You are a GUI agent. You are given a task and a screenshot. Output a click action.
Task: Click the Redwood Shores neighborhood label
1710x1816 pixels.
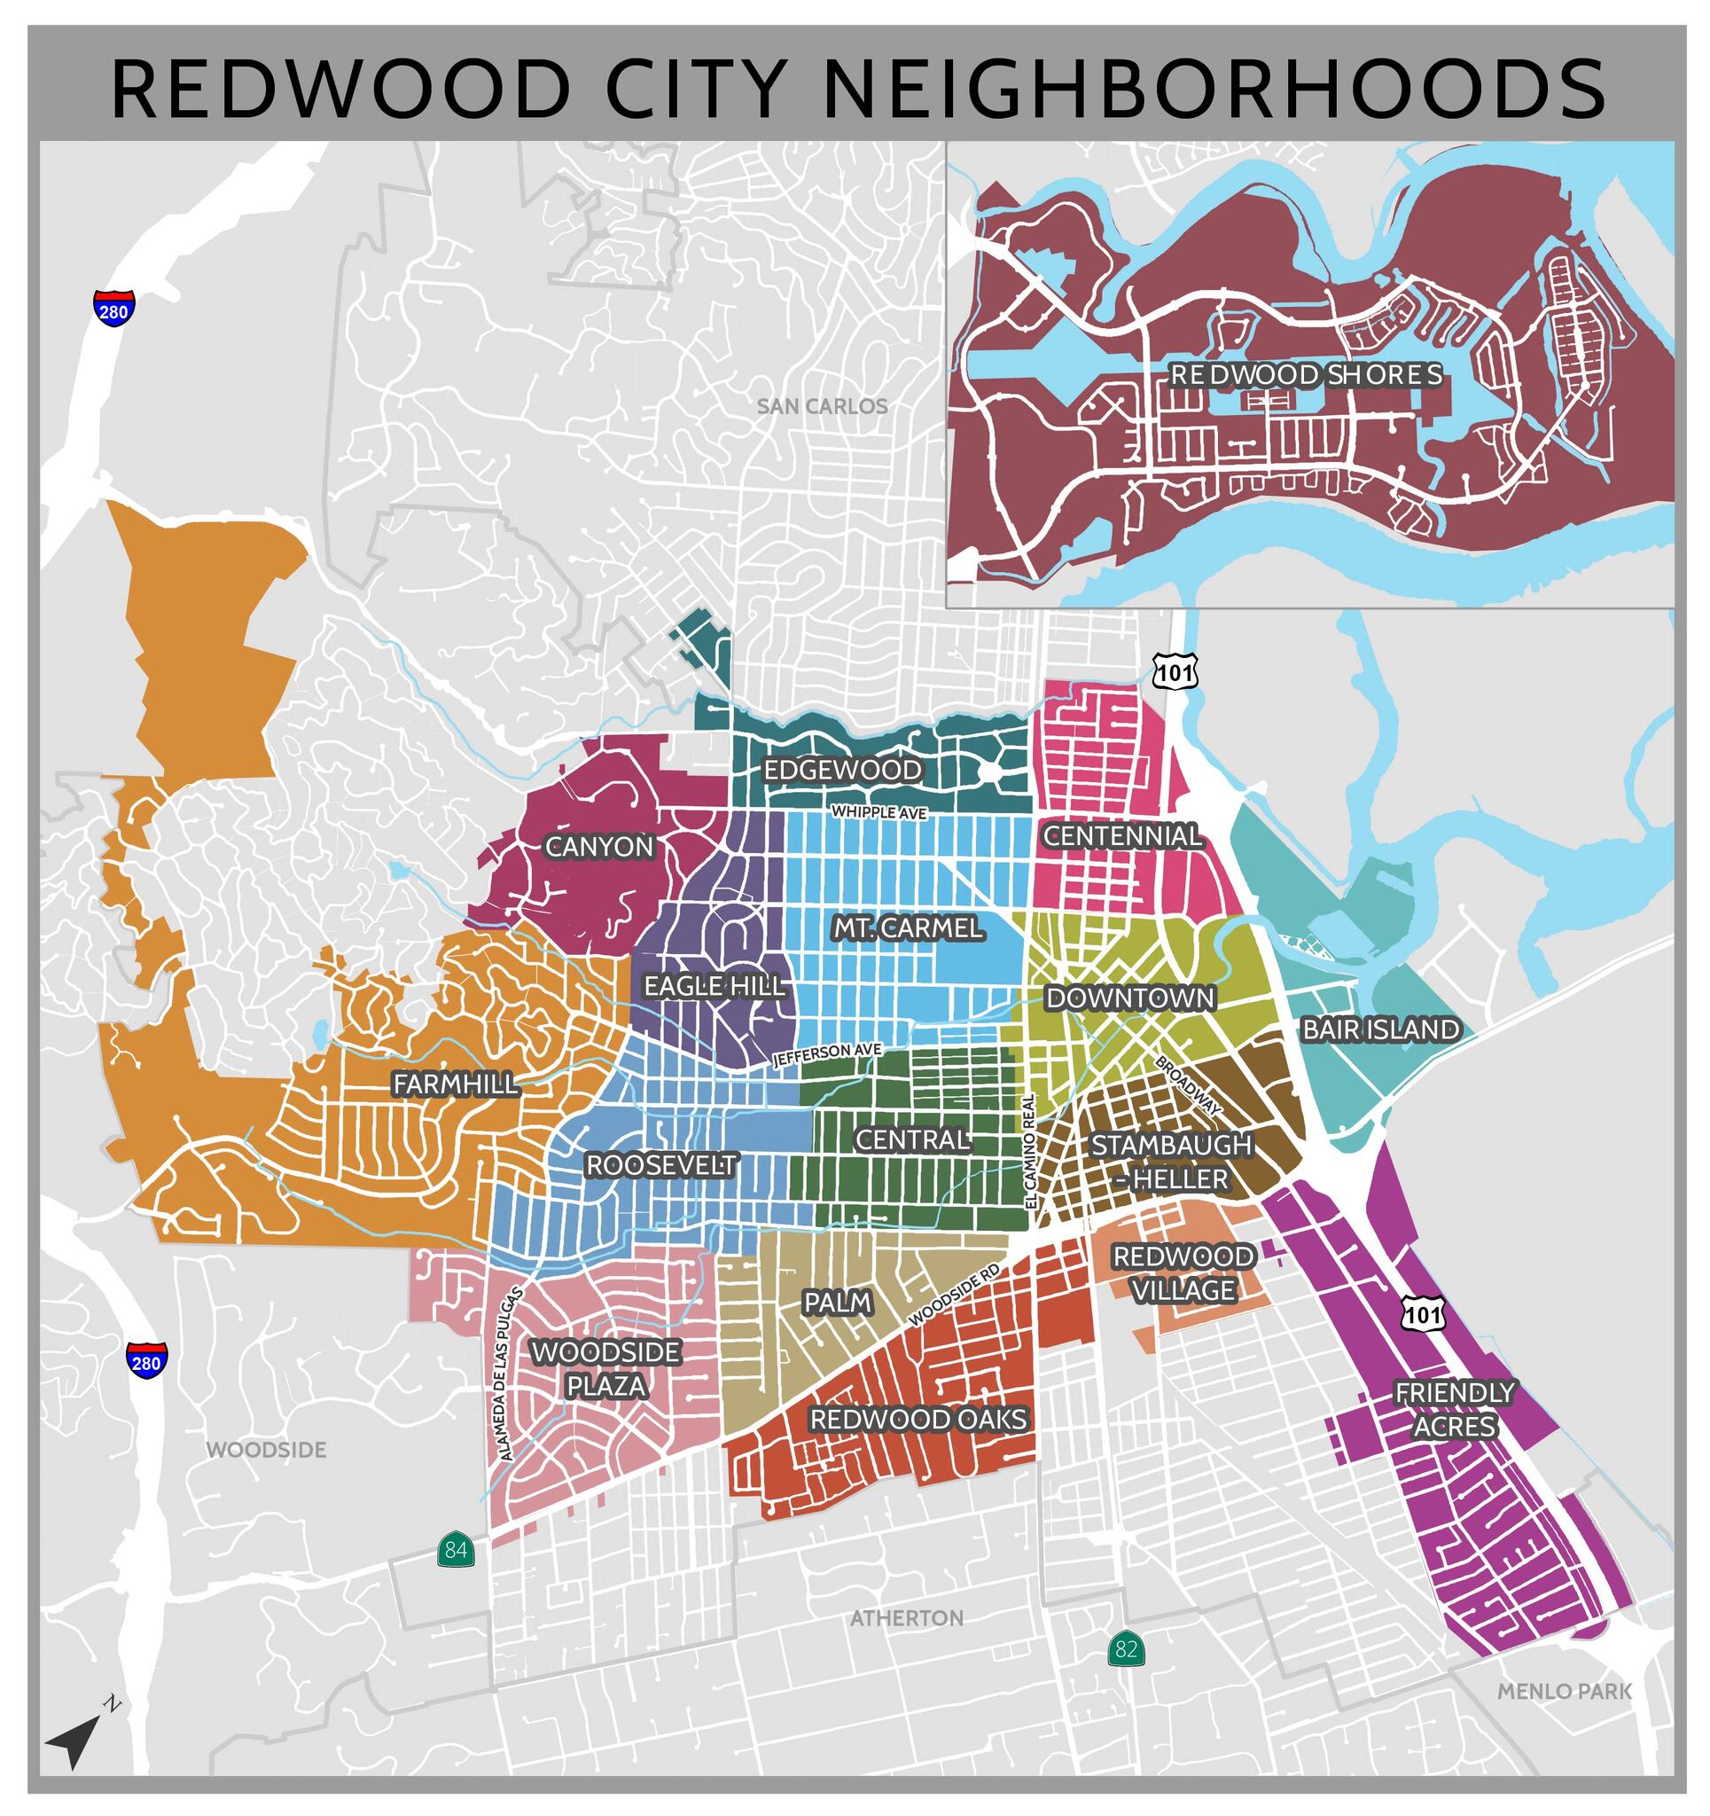(1307, 374)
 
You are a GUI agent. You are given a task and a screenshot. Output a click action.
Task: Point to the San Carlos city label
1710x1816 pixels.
(821, 406)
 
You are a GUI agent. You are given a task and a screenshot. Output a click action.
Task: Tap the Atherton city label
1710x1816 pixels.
(906, 1617)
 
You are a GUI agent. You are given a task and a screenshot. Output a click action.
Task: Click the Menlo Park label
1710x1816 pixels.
(1564, 1691)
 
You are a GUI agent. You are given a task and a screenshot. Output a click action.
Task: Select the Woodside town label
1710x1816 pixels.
(266, 1450)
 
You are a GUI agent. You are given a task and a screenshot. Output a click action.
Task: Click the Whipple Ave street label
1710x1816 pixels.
(878, 812)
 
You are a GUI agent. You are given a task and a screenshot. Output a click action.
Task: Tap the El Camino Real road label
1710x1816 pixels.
(1029, 1153)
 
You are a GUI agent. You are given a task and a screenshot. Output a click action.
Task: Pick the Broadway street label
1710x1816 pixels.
(1189, 1085)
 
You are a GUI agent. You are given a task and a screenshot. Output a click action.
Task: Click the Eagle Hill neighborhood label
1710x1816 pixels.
(714, 986)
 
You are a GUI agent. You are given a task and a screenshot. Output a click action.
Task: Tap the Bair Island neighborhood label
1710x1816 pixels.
(1380, 1029)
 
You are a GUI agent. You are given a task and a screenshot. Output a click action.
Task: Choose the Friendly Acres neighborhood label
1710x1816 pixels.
(1454, 1409)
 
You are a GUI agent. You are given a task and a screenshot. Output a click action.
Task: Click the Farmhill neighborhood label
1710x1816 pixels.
(455, 1084)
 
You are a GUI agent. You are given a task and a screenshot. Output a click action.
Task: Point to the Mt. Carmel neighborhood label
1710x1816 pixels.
(907, 928)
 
